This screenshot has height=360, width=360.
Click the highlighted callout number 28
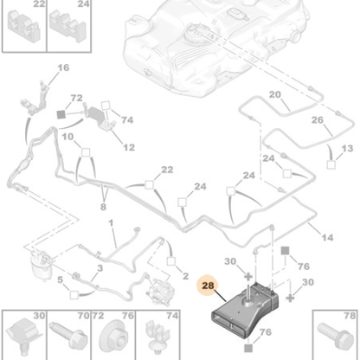[208, 286]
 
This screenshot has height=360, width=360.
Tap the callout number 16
[63, 67]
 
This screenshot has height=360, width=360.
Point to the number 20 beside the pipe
[275, 94]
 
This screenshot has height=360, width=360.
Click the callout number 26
[318, 120]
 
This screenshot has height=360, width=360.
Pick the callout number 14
[327, 238]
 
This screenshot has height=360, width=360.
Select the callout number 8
[103, 207]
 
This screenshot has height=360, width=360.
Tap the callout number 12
[129, 148]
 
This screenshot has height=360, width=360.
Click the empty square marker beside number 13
[331, 164]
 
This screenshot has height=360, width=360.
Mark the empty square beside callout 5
[74, 295]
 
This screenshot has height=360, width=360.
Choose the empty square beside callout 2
[171, 261]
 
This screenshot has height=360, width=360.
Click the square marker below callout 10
[86, 152]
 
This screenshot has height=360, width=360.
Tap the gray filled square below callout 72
[61, 114]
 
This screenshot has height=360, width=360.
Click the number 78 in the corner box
[350, 316]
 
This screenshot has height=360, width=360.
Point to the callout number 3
[100, 268]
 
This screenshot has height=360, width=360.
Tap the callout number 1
[111, 223]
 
